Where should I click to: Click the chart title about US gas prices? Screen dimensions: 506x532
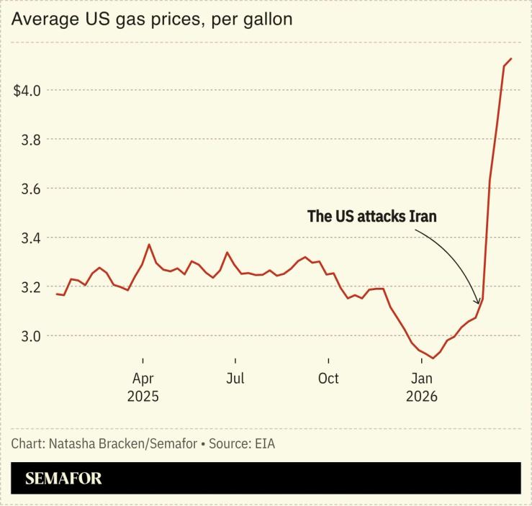tap(152, 19)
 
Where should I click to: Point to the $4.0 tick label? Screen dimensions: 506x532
tap(27, 91)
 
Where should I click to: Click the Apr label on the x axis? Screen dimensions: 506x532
tap(143, 379)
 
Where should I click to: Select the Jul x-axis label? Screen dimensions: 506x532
tap(235, 379)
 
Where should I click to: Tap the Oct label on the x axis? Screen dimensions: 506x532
tap(328, 379)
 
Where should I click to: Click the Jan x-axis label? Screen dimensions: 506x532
tap(421, 379)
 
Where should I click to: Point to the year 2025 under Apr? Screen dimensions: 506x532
tap(143, 397)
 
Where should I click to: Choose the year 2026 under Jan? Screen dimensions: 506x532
tap(421, 397)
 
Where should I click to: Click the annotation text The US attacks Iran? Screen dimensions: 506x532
tap(372, 216)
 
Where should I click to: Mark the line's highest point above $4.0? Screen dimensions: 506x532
tap(510, 58)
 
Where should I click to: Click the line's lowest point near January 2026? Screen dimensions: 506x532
tap(433, 358)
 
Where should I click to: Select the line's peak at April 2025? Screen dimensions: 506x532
tap(149, 245)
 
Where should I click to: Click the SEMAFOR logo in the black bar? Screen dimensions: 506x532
tap(63, 479)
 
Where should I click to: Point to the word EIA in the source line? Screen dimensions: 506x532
tap(264, 444)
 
